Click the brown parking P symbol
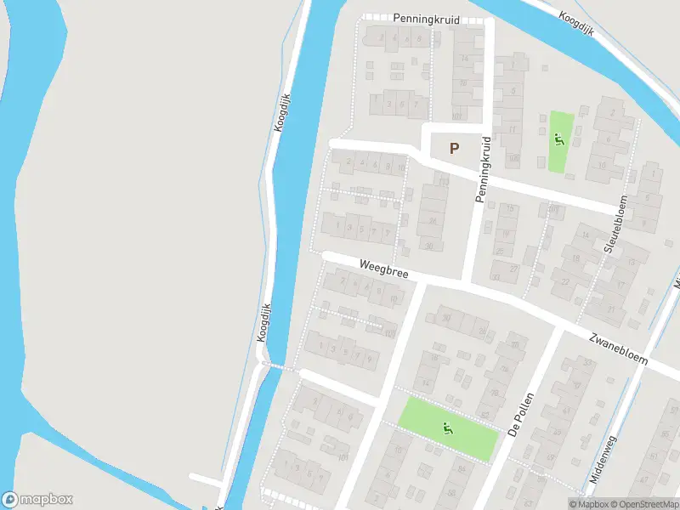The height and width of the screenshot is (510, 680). coord(454,149)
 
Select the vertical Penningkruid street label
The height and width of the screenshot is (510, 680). coord(483,170)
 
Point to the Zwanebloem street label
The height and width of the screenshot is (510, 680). coord(618,348)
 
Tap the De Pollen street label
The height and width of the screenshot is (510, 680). coord(524,415)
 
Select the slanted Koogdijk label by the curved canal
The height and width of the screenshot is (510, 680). coord(576,23)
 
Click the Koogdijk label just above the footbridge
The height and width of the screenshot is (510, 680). coord(263,323)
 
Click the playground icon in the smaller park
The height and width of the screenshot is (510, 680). coord(558,140)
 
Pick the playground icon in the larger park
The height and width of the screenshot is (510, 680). coord(449,428)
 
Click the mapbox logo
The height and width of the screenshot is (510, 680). coord(37,500)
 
